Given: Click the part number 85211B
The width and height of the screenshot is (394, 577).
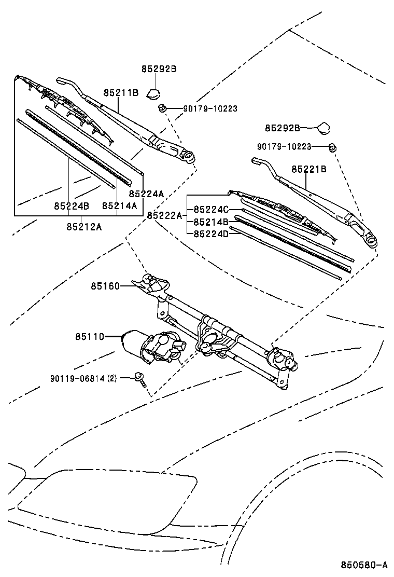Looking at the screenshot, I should pyautogui.click(x=120, y=93).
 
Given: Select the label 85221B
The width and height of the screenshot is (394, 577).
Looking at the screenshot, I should pyautogui.click(x=308, y=169).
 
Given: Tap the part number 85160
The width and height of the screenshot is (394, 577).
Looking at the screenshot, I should pyautogui.click(x=105, y=286).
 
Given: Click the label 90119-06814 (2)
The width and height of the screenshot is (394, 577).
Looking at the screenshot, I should pyautogui.click(x=83, y=378).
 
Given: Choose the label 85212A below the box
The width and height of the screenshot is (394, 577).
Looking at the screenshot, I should pyautogui.click(x=84, y=226).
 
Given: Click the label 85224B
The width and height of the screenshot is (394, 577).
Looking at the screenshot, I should pyautogui.click(x=71, y=206).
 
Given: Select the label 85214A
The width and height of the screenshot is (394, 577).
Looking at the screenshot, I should pyautogui.click(x=119, y=206).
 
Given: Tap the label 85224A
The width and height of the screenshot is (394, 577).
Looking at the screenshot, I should pyautogui.click(x=146, y=194).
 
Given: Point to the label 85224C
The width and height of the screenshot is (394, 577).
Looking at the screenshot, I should pyautogui.click(x=211, y=210).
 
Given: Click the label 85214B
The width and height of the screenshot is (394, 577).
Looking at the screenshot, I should pyautogui.click(x=211, y=222).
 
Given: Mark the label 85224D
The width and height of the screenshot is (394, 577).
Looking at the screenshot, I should pyautogui.click(x=211, y=234).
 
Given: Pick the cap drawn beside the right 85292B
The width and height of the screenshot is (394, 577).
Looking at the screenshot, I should pyautogui.click(x=325, y=128).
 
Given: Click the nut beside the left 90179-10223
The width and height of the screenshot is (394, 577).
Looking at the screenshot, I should pyautogui.click(x=162, y=108).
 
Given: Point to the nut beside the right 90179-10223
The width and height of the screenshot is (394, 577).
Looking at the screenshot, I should pyautogui.click(x=333, y=148).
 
